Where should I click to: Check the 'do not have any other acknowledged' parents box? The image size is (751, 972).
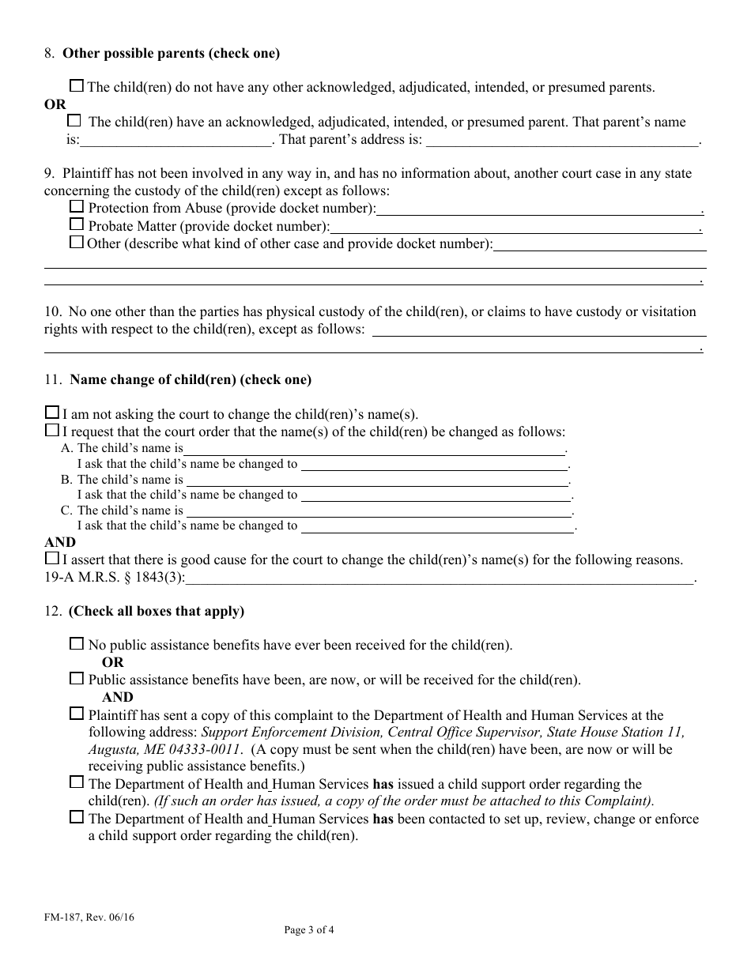[x=77, y=86]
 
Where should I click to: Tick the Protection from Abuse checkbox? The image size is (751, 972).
[x=77, y=207]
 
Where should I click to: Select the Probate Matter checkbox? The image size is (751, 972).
[x=77, y=224]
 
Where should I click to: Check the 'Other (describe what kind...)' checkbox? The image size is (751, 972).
[x=77, y=242]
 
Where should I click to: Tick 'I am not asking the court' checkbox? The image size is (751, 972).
[x=52, y=413]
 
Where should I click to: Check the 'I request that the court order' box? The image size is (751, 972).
[x=52, y=431]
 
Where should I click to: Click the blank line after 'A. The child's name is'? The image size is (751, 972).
[x=375, y=450]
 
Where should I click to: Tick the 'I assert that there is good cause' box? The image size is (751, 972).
[x=52, y=559]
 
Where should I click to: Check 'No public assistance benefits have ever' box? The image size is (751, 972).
[x=77, y=644]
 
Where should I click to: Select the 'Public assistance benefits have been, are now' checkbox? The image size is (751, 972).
[x=77, y=678]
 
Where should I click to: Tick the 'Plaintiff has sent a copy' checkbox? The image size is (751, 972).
[x=77, y=714]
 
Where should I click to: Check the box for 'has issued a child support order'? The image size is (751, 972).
[x=77, y=782]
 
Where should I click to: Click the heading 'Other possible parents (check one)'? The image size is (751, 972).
[x=171, y=54]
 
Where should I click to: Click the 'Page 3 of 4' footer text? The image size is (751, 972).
[x=309, y=930]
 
